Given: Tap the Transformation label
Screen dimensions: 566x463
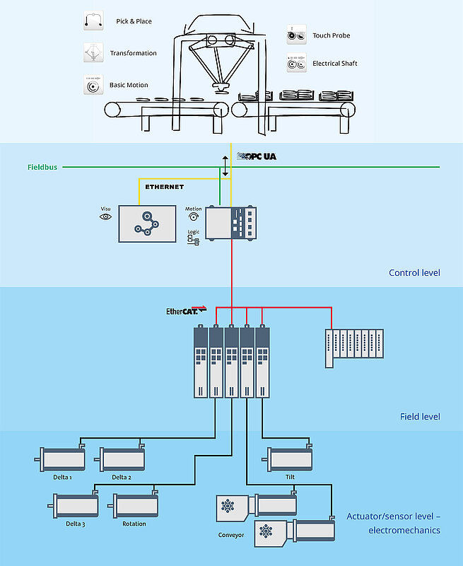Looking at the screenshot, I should pyautogui.click(x=133, y=53).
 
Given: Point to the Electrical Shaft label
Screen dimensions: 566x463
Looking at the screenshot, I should pyautogui.click(x=334, y=64).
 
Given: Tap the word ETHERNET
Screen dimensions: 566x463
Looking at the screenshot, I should pyautogui.click(x=164, y=187).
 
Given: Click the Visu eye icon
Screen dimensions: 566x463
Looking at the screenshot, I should pyautogui.click(x=105, y=216).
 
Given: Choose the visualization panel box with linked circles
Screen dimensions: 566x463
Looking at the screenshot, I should pyautogui.click(x=147, y=223).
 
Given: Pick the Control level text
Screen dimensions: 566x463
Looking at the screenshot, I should pyautogui.click(x=414, y=272).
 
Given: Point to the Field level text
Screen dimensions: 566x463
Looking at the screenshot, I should pyautogui.click(x=419, y=416).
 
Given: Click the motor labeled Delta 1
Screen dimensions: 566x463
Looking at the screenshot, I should pyautogui.click(x=62, y=460).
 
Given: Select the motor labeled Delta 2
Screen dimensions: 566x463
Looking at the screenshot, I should pyautogui.click(x=122, y=460).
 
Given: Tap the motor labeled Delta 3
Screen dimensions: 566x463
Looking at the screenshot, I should pyautogui.click(x=75, y=507).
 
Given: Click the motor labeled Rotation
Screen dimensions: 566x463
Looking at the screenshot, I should pyautogui.click(x=134, y=507).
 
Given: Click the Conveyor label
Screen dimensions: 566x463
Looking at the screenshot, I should pyautogui.click(x=230, y=535).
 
